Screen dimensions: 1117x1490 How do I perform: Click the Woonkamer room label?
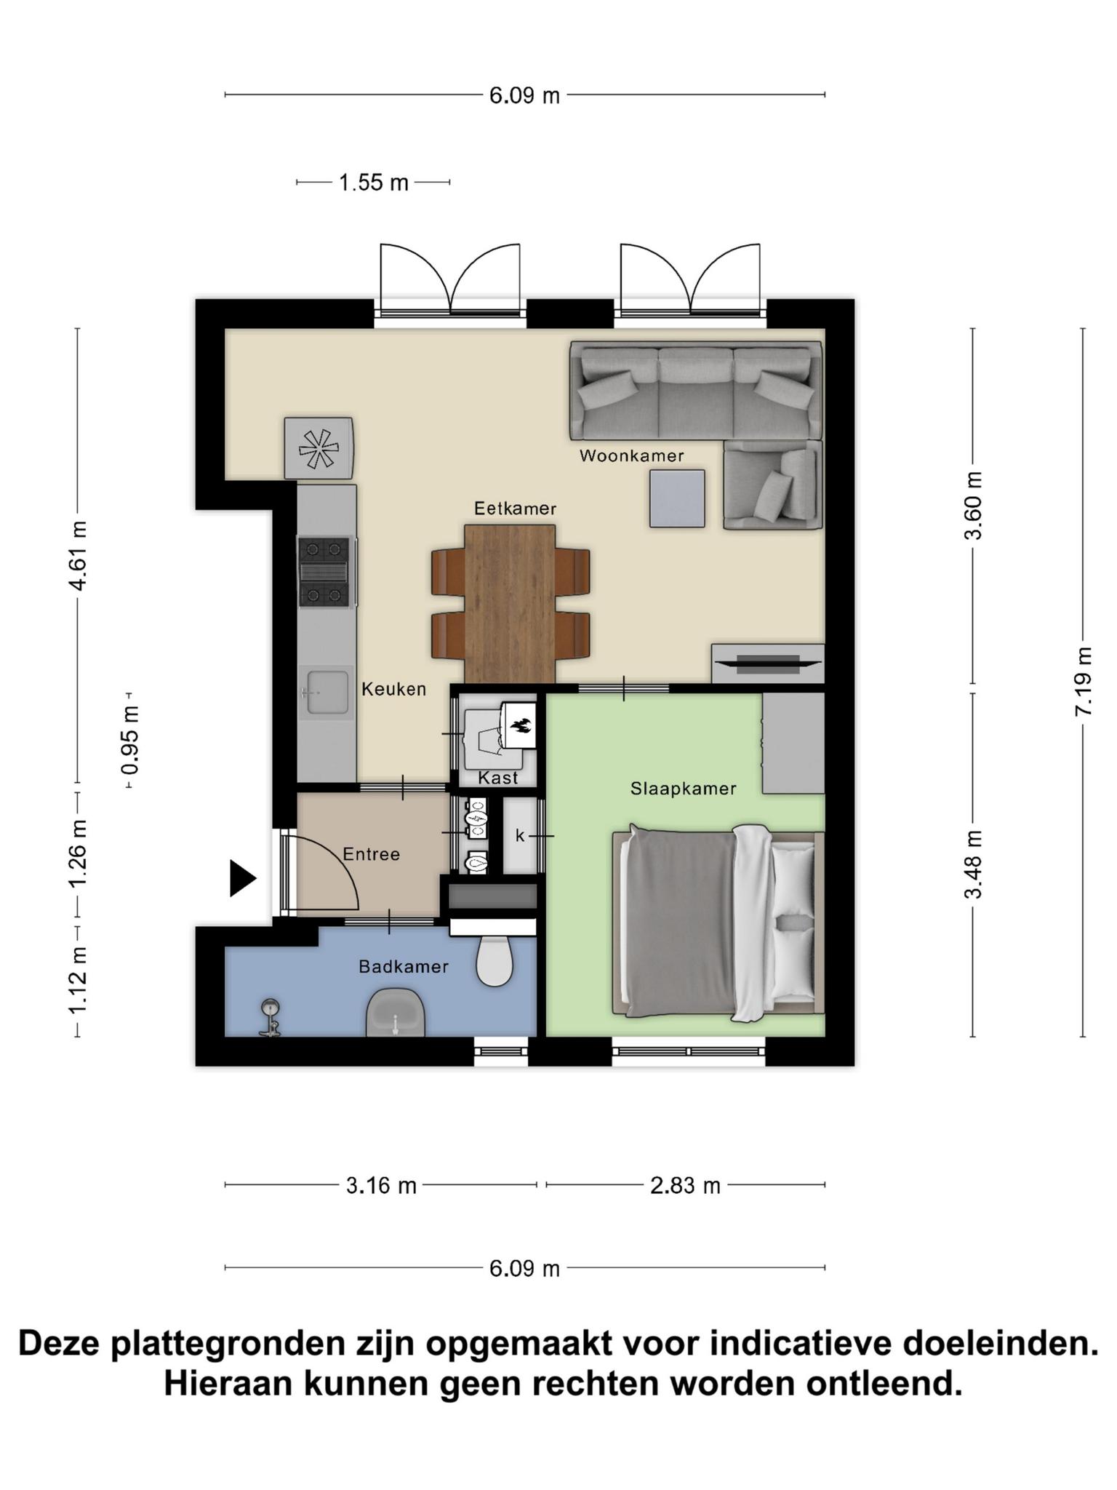(631, 456)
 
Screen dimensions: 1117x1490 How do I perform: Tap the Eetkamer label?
(515, 509)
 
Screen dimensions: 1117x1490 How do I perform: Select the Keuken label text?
(394, 689)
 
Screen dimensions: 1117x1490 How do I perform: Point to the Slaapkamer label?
(683, 789)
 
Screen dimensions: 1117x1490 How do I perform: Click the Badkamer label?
(404, 967)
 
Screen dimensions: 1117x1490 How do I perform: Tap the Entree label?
(371, 854)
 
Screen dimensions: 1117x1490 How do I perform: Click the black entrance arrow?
(243, 879)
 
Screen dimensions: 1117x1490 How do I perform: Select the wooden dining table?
(510, 605)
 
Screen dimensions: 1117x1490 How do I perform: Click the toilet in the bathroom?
(494, 960)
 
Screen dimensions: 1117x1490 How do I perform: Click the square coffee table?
(677, 498)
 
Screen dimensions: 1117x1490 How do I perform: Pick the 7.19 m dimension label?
(1084, 682)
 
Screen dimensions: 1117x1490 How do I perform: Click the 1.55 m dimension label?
(374, 183)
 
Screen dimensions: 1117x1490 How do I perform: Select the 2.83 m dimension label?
(685, 1186)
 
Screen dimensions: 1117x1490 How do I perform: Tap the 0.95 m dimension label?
(130, 740)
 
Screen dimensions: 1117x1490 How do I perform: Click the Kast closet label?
(498, 778)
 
